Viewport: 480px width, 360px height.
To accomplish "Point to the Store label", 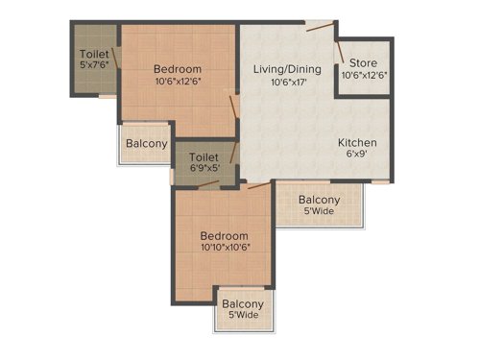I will pyautogui.click(x=363, y=63).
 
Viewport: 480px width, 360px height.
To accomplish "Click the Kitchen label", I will pyautogui.click(x=357, y=144).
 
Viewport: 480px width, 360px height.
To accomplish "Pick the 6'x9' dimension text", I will pyautogui.click(x=357, y=157).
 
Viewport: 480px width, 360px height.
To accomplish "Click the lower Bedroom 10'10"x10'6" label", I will pyautogui.click(x=225, y=242).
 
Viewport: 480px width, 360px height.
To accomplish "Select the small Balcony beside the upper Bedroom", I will pyautogui.click(x=145, y=145).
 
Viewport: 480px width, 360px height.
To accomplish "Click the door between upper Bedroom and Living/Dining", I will pyautogui.click(x=232, y=107).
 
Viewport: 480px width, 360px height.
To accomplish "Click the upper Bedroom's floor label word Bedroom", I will pyautogui.click(x=178, y=69).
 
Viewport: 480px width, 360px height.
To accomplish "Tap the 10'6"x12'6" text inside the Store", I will pyautogui.click(x=363, y=78).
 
